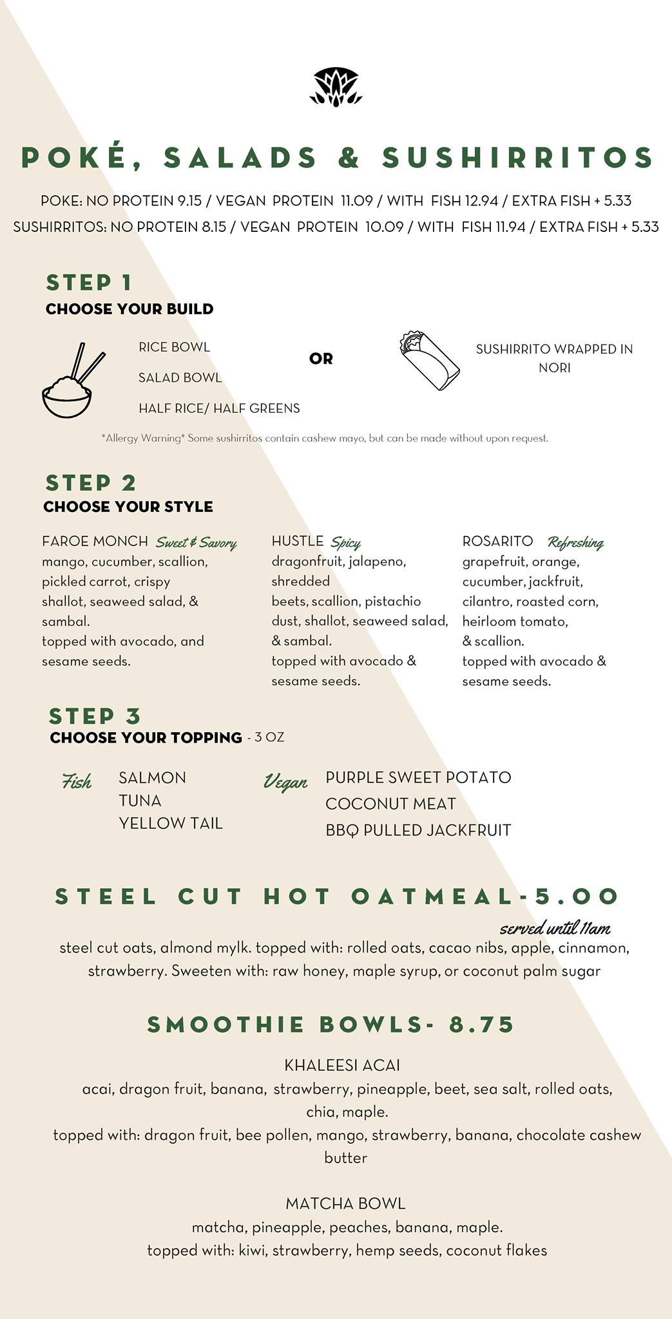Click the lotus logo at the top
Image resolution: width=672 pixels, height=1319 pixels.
pyautogui.click(x=336, y=86)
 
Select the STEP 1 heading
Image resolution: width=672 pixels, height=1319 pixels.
pyautogui.click(x=89, y=282)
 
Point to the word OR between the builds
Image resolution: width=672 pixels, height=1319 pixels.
pyautogui.click(x=321, y=359)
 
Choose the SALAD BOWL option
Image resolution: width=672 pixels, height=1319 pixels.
pyautogui.click(x=180, y=377)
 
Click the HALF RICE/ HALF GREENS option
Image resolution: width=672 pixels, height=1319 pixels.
pyautogui.click(x=219, y=408)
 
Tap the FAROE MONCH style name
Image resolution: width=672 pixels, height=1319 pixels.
pyautogui.click(x=95, y=541)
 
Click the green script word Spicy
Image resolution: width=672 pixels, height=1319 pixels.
pyautogui.click(x=346, y=543)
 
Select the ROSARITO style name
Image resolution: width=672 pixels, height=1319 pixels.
pyautogui.click(x=497, y=541)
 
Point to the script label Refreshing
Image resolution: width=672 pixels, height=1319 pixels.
pyautogui.click(x=575, y=543)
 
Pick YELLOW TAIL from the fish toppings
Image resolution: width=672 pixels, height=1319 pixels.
pyautogui.click(x=171, y=823)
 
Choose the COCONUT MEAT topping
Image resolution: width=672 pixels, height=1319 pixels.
pyautogui.click(x=390, y=804)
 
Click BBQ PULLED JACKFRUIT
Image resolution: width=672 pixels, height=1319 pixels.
pyautogui.click(x=418, y=830)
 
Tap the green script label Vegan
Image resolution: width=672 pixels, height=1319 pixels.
pyautogui.click(x=285, y=783)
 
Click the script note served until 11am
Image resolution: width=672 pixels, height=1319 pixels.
pyautogui.click(x=555, y=928)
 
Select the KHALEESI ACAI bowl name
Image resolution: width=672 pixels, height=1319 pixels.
pyautogui.click(x=342, y=1065)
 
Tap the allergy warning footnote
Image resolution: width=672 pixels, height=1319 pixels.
pyautogui.click(x=325, y=439)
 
